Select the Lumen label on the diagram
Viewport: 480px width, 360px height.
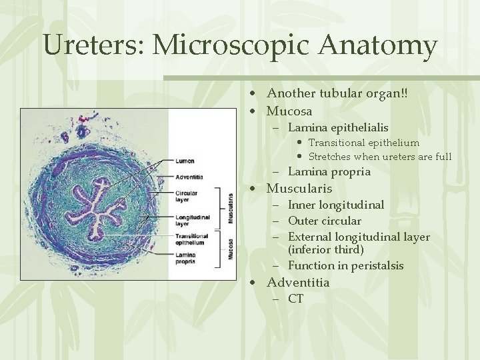pos(185,161)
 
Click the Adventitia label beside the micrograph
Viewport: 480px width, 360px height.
pos(189,177)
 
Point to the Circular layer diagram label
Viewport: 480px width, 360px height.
pos(187,195)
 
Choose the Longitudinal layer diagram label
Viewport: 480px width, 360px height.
pos(193,220)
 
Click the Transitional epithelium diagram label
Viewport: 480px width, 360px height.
pos(192,239)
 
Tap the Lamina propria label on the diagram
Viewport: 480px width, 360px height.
pos(187,259)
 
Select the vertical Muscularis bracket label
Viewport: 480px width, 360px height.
pos(231,208)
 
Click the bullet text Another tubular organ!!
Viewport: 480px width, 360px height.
pos(337,94)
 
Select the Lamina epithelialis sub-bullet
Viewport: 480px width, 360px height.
pos(338,127)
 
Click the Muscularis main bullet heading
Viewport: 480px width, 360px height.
pos(299,188)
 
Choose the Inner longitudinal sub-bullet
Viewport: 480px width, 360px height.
pos(336,205)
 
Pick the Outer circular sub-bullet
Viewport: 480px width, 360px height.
pos(325,221)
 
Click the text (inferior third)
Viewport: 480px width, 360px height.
pos(326,249)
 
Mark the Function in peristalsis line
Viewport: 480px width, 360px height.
pos(345,265)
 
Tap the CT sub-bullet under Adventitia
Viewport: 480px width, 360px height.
pos(295,299)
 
